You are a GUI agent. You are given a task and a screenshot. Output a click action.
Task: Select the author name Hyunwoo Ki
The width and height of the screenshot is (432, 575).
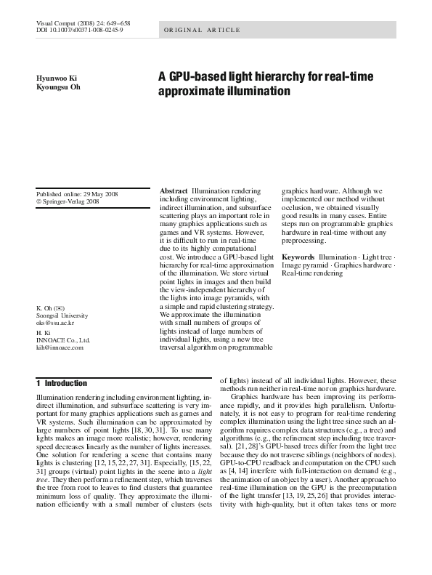click(57, 77)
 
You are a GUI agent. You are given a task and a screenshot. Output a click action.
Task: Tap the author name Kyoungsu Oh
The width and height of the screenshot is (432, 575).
click(59, 87)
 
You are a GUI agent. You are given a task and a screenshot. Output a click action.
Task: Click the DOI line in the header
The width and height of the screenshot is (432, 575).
click(80, 31)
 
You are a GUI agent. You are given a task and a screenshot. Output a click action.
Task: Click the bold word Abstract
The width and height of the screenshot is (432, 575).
click(174, 190)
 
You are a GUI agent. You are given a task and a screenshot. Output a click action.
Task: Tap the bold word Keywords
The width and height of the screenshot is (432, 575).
click(298, 257)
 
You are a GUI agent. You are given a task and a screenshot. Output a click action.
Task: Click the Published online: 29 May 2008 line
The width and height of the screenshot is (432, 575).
click(77, 194)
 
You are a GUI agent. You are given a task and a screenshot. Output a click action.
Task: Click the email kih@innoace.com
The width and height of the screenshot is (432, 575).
click(60, 347)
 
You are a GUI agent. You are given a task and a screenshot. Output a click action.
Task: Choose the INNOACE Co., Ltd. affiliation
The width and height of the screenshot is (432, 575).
click(62, 339)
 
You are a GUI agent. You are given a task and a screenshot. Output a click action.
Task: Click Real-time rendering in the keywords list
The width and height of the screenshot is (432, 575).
click(312, 273)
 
